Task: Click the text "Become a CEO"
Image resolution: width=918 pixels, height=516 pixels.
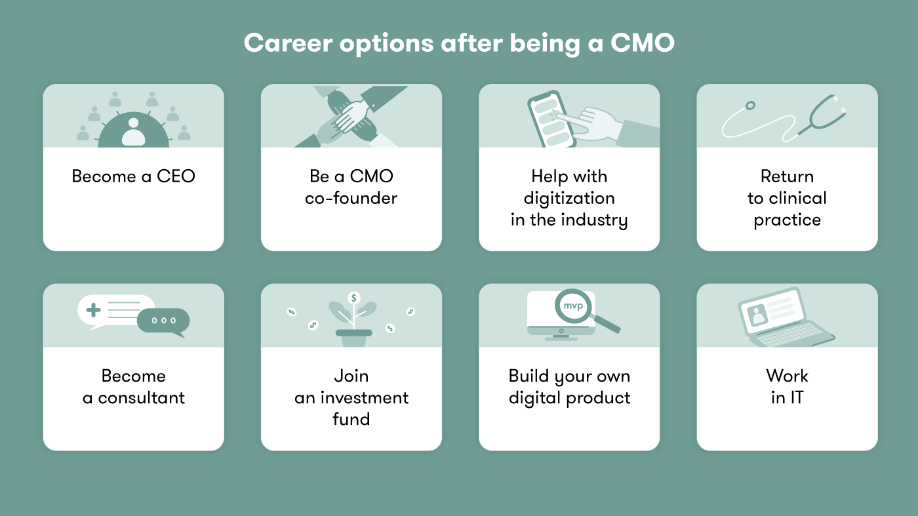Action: tap(133, 176)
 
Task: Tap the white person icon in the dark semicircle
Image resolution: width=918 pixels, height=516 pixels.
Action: tap(133, 131)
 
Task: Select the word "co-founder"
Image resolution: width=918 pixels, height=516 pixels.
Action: tap(351, 198)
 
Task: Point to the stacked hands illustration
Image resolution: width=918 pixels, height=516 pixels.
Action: tap(351, 116)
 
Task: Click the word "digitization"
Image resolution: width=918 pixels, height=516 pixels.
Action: tap(569, 198)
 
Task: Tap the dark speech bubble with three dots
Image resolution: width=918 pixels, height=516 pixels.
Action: tap(163, 321)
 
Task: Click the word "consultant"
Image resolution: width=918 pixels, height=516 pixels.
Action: tap(142, 397)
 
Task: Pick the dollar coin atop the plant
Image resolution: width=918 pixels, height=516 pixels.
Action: tap(354, 298)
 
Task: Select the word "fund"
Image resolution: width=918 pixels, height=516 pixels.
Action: tap(351, 419)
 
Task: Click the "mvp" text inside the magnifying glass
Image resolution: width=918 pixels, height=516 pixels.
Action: tap(572, 305)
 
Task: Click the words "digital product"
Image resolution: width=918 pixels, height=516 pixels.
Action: tap(569, 397)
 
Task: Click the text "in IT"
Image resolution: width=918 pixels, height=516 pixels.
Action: tap(787, 397)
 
